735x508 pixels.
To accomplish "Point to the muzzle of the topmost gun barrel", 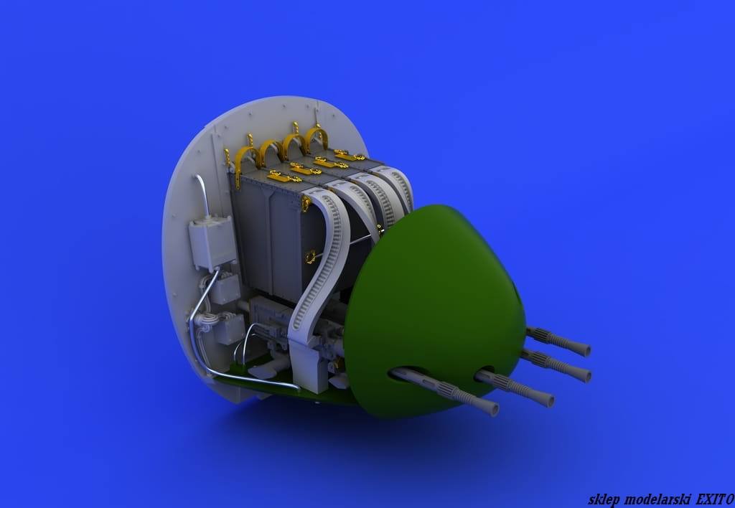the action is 584,349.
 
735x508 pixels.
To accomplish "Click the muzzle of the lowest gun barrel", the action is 492,409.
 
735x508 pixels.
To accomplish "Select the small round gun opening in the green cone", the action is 485,371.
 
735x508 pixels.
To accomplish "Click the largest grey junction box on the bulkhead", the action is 212,243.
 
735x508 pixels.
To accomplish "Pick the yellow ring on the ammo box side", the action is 310,256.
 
